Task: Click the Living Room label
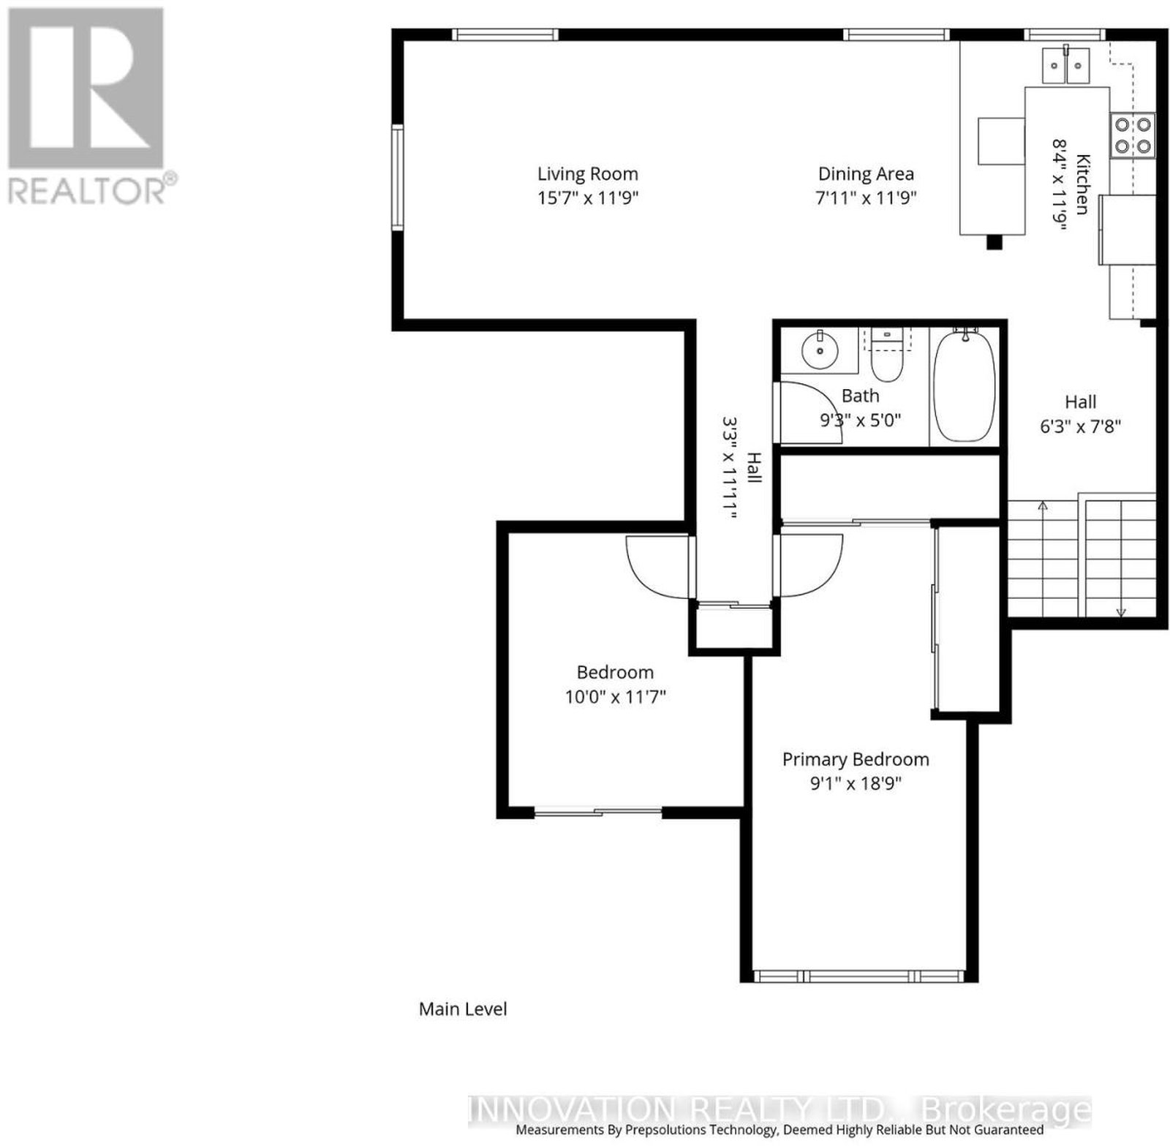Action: (x=587, y=174)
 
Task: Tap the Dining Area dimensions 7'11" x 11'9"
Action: (x=866, y=197)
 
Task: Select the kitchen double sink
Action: (x=1065, y=65)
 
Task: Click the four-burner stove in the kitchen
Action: (x=1133, y=136)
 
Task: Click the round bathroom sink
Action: (x=819, y=350)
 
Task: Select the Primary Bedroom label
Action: (x=856, y=760)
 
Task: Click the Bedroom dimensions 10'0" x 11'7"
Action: (x=615, y=697)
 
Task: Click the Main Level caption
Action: (x=463, y=1009)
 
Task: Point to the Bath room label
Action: (x=860, y=396)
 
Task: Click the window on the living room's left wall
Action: (x=397, y=178)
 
